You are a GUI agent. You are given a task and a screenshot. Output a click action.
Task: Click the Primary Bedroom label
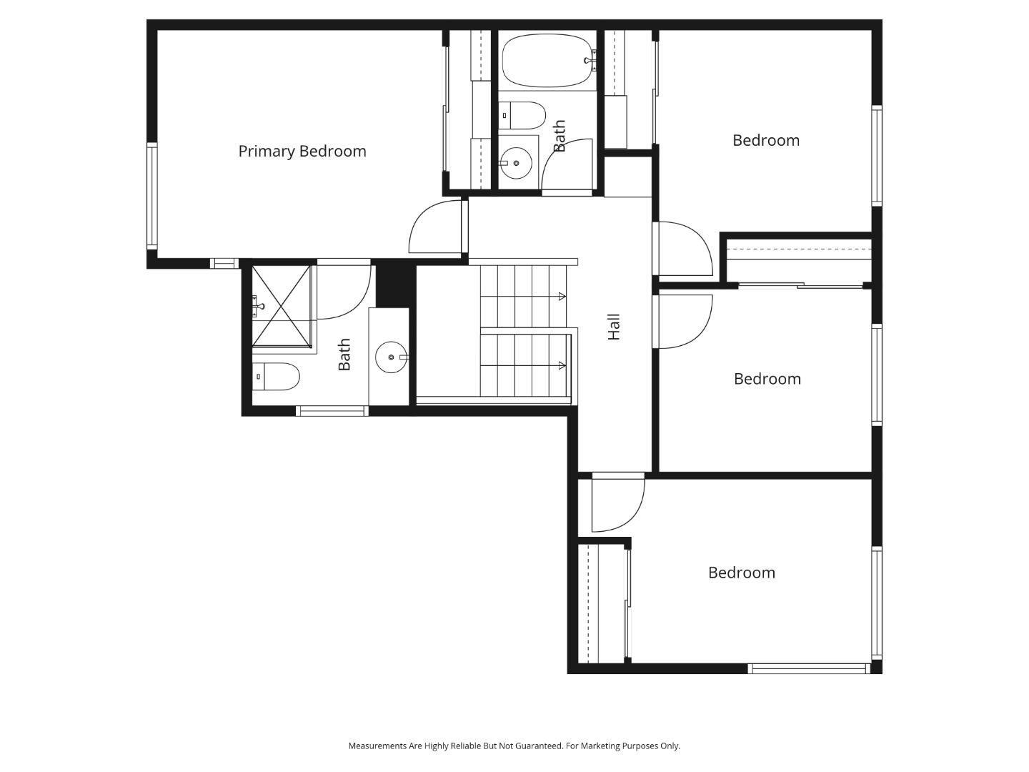pos(302,151)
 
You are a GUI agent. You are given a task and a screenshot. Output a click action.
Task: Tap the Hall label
pos(614,327)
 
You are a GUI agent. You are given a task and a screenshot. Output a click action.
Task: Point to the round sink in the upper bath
pos(515,164)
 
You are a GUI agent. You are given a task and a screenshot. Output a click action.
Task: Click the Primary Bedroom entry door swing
pos(437,228)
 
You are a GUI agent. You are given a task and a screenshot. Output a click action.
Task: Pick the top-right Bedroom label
pos(765,140)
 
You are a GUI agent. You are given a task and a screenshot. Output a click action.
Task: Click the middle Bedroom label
pos(767,379)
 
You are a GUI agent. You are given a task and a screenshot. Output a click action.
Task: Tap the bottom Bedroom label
pos(741,573)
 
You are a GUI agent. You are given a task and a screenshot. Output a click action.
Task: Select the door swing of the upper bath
pos(567,165)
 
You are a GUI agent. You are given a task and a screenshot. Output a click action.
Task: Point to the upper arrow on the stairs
pos(562,296)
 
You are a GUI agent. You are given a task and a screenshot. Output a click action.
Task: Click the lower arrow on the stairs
pos(562,366)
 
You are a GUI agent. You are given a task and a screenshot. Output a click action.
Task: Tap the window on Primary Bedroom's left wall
pos(151,195)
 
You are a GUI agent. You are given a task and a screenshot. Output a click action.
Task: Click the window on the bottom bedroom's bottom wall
pos(808,669)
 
